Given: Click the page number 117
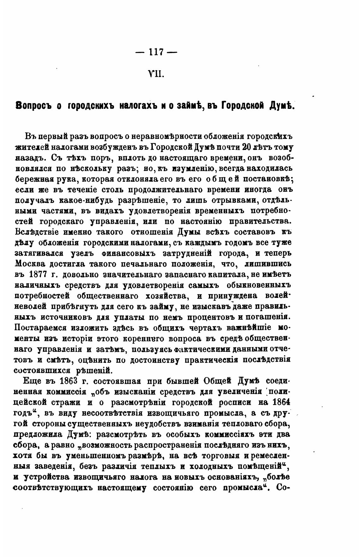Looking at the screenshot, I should (156, 52).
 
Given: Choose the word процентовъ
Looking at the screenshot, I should (225, 317).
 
